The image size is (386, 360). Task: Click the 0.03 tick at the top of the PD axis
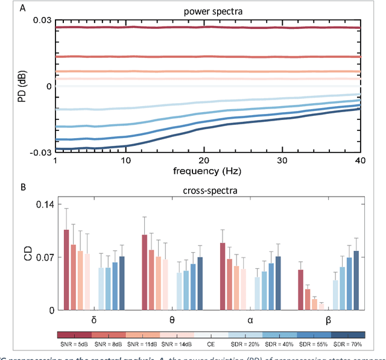(x=42, y=21)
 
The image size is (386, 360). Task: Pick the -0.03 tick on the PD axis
(x=41, y=153)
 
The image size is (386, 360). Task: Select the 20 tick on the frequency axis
(x=205, y=161)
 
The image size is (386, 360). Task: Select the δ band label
(x=93, y=321)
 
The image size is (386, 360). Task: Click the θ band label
(x=172, y=321)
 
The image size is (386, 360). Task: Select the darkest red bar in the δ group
(x=66, y=270)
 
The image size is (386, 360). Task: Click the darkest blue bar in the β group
(x=356, y=280)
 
